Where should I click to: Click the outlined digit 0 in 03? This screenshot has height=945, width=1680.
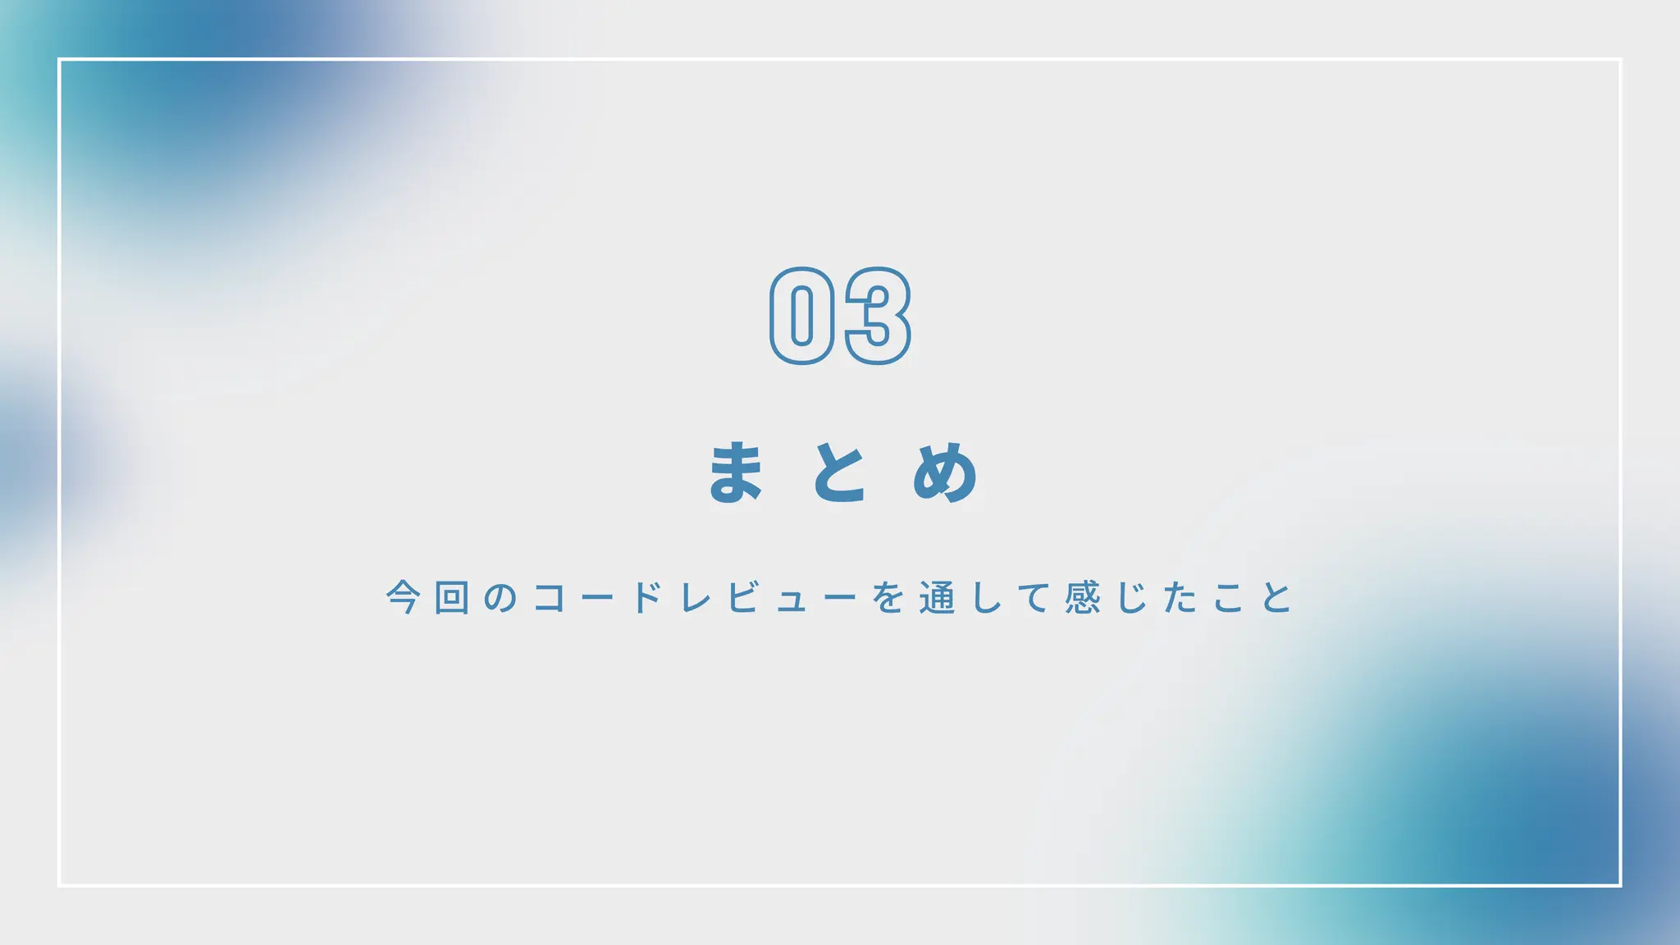[802, 316]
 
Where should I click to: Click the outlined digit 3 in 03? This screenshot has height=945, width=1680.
[877, 316]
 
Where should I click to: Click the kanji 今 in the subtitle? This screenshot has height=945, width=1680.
[404, 597]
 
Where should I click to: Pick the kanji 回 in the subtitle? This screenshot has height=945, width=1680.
[452, 597]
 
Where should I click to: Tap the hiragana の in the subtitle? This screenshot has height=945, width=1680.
[500, 597]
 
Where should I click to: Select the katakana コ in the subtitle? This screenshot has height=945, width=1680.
[549, 597]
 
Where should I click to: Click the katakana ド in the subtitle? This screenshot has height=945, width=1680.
[647, 597]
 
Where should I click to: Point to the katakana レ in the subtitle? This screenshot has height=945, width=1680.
[696, 597]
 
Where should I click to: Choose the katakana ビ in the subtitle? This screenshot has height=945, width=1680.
[744, 597]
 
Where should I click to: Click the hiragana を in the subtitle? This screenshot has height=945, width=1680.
[888, 597]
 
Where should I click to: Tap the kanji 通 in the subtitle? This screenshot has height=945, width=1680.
[937, 597]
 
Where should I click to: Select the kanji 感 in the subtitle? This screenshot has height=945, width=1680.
[1083, 597]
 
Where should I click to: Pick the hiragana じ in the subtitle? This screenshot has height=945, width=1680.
[1132, 597]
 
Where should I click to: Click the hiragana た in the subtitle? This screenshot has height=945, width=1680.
[1180, 597]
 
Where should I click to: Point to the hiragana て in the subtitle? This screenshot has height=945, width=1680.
[1034, 597]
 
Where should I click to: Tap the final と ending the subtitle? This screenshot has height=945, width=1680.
[1277, 597]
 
